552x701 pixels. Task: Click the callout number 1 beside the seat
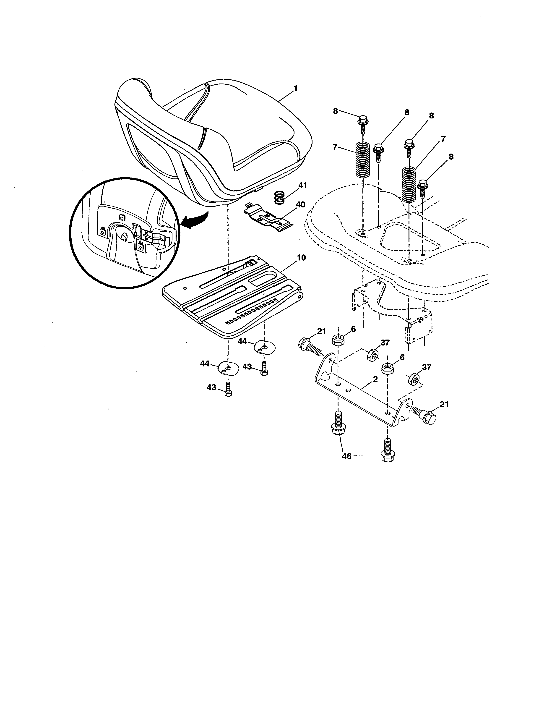point(295,88)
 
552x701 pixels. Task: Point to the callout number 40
point(300,204)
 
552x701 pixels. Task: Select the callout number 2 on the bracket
point(375,379)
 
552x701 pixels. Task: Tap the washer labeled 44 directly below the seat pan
point(229,368)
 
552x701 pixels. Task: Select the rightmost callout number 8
point(451,157)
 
